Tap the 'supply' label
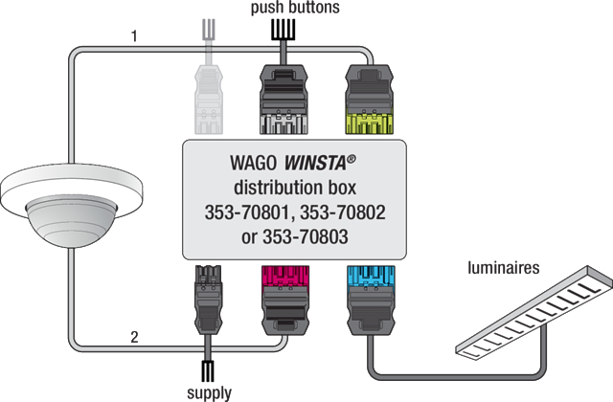click(x=209, y=391)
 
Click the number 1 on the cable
click(x=135, y=38)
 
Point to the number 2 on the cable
click(x=136, y=337)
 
